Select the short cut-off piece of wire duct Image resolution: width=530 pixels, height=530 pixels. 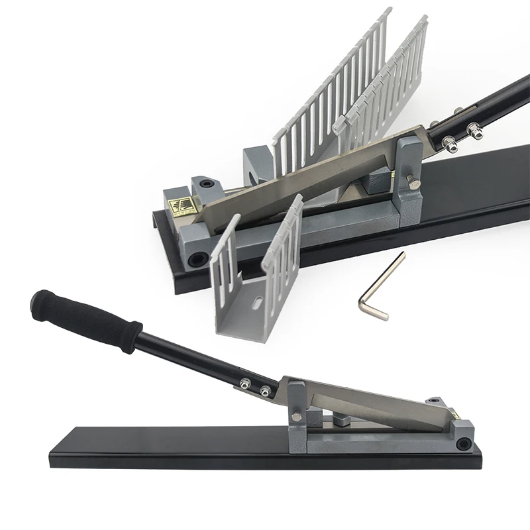pos(252,278)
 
